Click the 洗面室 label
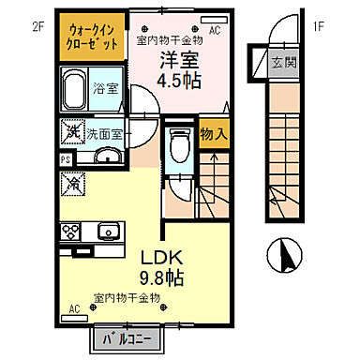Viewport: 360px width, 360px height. tap(105, 134)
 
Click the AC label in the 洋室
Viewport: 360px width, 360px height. tap(214, 30)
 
